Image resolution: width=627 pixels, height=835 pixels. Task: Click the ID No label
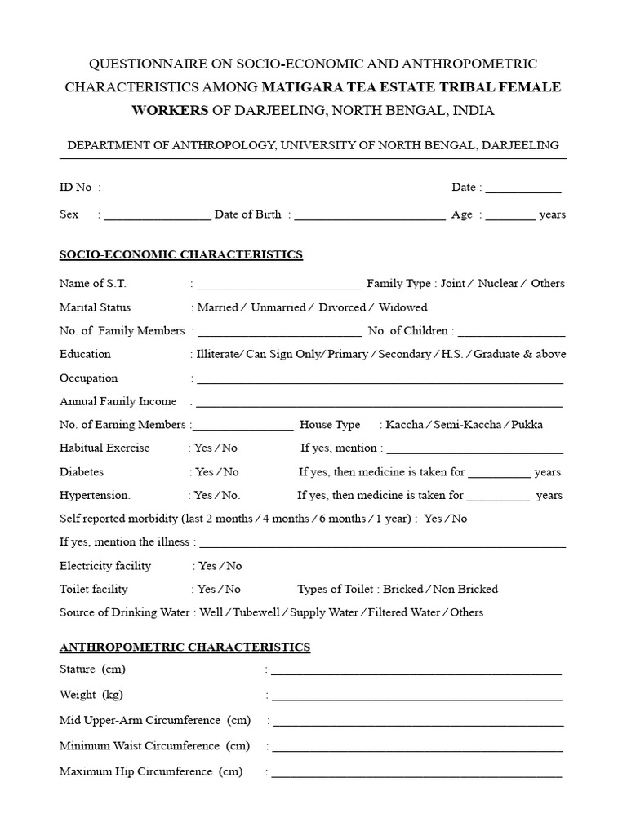coord(76,188)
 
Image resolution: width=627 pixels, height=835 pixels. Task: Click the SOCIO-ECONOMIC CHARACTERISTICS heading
coord(181,254)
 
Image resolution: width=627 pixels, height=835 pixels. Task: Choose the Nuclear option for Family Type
coord(497,284)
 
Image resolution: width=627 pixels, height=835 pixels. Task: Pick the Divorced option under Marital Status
coord(342,307)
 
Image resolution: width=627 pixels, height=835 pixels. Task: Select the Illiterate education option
coord(219,354)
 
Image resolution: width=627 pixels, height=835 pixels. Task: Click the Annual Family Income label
coord(118,401)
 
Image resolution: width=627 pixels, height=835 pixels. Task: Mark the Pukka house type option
coord(527,425)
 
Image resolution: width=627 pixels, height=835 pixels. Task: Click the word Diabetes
coord(82,472)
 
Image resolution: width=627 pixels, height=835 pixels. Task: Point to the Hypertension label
coord(95,495)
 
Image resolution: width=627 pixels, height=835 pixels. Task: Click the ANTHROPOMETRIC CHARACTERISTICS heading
coord(185,647)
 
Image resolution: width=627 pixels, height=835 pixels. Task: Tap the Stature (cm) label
coord(92,669)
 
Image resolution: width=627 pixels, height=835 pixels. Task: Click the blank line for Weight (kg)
coord(416,697)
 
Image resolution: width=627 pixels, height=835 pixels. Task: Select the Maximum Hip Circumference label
coord(151,771)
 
